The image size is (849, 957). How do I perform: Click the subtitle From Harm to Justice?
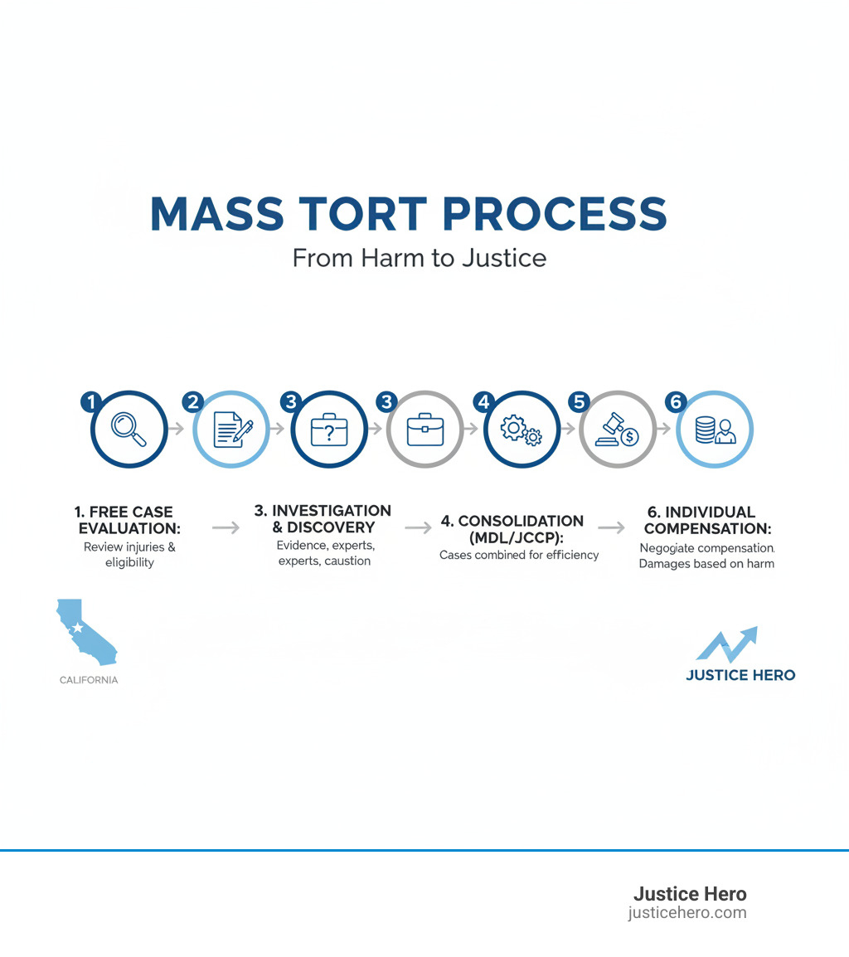tap(420, 258)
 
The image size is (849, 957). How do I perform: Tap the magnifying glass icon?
tap(129, 430)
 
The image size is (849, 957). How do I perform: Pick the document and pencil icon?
tap(232, 430)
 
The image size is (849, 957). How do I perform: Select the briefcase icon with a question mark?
tap(328, 430)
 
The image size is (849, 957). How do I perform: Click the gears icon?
tap(522, 430)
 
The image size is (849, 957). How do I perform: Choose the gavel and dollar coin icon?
tap(618, 430)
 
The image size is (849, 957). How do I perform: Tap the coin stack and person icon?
tap(715, 430)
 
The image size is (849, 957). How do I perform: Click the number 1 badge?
tap(91, 402)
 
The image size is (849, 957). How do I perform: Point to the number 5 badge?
tap(578, 402)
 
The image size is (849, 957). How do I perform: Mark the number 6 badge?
tap(676, 402)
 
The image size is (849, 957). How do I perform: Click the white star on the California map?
tap(77, 628)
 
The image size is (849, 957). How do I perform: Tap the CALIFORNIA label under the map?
tap(89, 680)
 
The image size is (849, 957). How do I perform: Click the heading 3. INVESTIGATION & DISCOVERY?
tap(323, 518)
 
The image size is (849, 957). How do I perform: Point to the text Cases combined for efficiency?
tap(519, 555)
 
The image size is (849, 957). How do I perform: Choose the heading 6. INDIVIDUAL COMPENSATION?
tap(707, 520)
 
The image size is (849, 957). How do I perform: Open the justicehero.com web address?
tap(687, 913)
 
